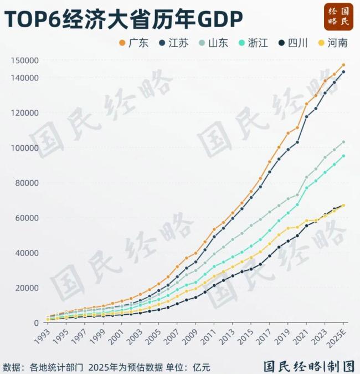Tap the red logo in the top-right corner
tap(338, 17)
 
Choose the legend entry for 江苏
tap(173, 43)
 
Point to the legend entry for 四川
tap(292, 43)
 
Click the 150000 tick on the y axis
tap(25, 60)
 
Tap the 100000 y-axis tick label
tap(25, 148)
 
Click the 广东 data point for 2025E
tap(343, 65)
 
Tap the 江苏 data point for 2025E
tap(343, 72)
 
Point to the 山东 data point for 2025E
tap(343, 142)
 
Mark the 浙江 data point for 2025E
tap(343, 156)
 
